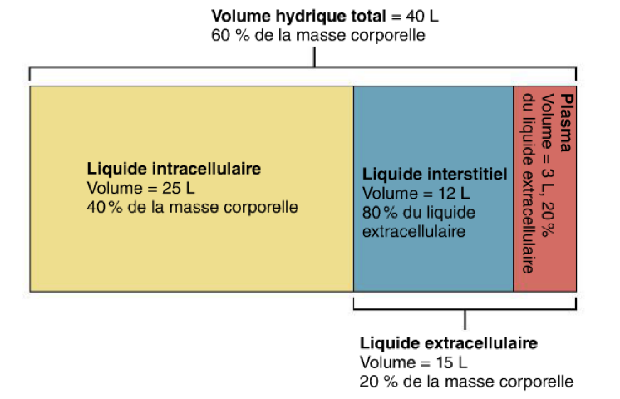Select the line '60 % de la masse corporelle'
tap(318, 35)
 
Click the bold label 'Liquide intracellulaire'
tap(173, 169)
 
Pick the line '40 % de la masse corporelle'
tap(191, 205)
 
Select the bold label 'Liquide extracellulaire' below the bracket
tap(448, 343)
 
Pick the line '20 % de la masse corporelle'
tap(466, 382)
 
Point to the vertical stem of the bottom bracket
tap(465, 320)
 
